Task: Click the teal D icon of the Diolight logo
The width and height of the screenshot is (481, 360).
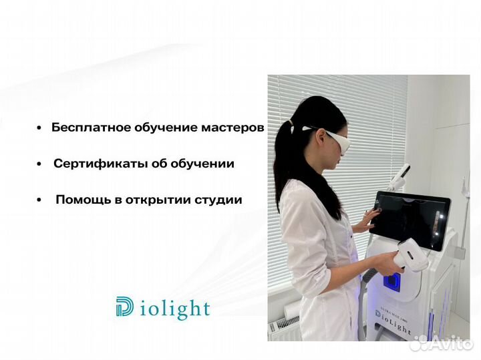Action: click(x=124, y=307)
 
